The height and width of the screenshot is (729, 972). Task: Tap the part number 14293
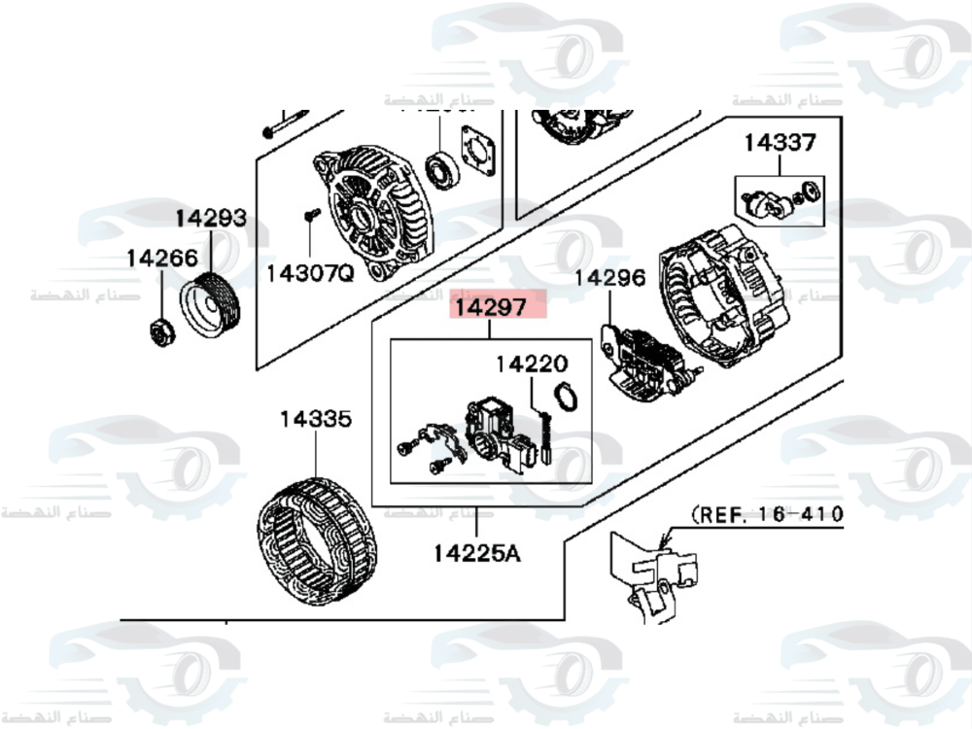(211, 219)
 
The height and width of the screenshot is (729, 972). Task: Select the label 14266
(161, 259)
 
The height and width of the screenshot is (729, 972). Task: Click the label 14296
(609, 278)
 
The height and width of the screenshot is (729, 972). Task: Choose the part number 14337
(780, 143)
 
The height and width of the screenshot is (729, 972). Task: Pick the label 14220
(531, 364)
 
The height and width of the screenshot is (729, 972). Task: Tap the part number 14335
(316, 420)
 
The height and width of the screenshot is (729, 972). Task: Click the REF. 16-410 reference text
(768, 513)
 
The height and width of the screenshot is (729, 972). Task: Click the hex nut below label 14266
(160, 330)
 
